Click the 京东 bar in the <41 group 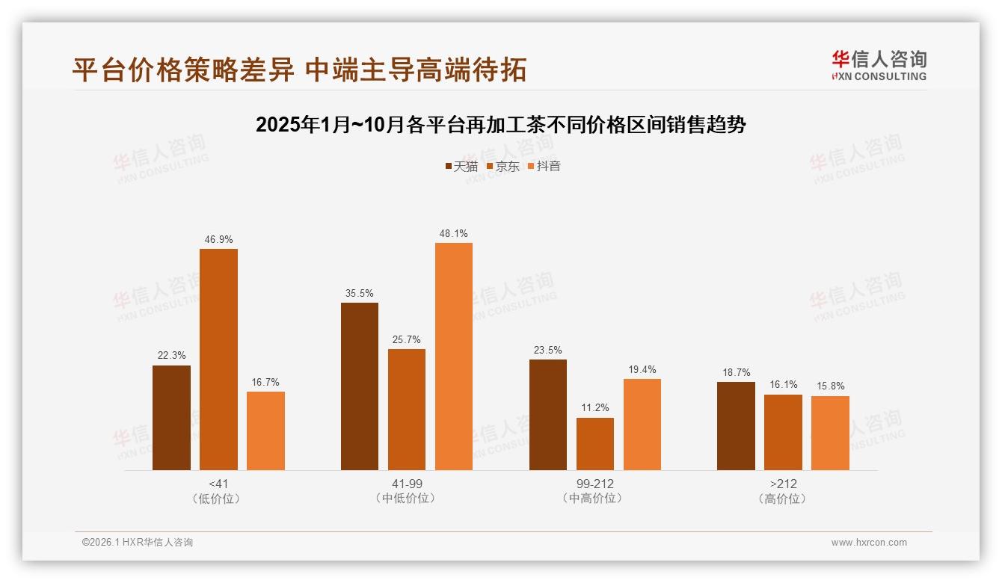[x=218, y=360]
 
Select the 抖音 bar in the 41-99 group [x=454, y=357]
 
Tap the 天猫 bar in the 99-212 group [x=548, y=415]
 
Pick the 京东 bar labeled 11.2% [x=595, y=444]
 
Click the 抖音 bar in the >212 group [x=830, y=433]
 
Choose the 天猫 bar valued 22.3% [x=171, y=418]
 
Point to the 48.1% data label [x=454, y=234]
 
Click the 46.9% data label [x=218, y=240]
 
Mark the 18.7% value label [x=736, y=373]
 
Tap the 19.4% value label [x=642, y=370]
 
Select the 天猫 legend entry [x=461, y=166]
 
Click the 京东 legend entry [x=503, y=166]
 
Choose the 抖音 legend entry [x=544, y=166]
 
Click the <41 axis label [x=218, y=484]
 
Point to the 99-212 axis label [x=595, y=484]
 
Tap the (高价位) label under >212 [x=783, y=499]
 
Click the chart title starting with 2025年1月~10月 [x=501, y=125]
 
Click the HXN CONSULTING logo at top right [x=879, y=66]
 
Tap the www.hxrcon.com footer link [x=869, y=543]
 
